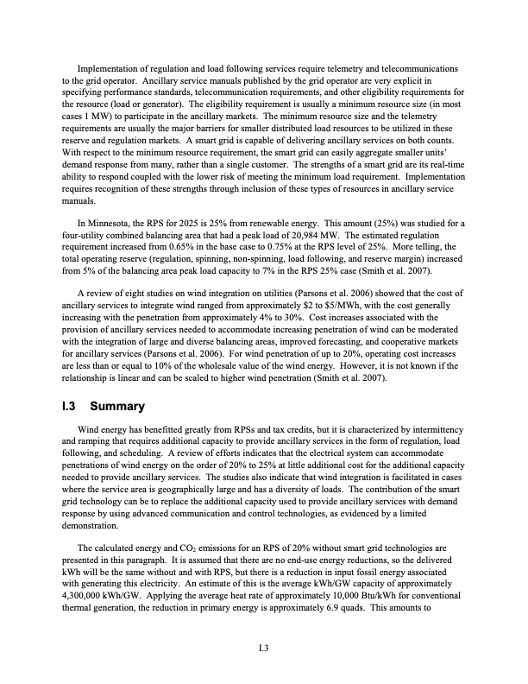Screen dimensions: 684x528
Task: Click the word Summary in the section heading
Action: coord(122,406)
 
